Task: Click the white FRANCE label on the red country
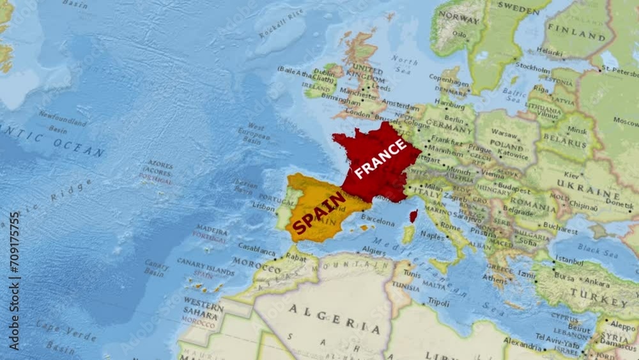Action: [381, 159]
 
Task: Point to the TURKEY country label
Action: [599, 296]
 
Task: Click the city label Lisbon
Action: [263, 207]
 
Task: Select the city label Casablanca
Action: [256, 246]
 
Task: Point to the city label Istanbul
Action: [569, 260]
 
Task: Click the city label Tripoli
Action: [438, 302]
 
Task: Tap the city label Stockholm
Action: [532, 65]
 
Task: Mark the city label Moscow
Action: [626, 120]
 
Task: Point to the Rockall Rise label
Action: [281, 24]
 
